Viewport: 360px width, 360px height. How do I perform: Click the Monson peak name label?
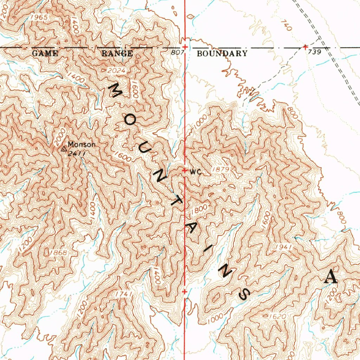click(x=81, y=144)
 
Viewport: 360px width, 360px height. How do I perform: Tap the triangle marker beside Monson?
click(x=64, y=149)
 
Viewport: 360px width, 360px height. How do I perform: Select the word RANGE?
click(x=117, y=53)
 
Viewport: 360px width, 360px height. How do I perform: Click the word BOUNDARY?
click(x=222, y=53)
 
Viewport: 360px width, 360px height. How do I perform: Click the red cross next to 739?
click(x=305, y=47)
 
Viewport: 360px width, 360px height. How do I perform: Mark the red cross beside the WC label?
click(x=185, y=171)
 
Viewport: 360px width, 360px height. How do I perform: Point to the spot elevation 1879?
click(x=221, y=170)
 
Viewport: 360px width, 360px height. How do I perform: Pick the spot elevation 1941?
click(x=284, y=247)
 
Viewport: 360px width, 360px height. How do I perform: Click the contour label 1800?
click(x=199, y=210)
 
